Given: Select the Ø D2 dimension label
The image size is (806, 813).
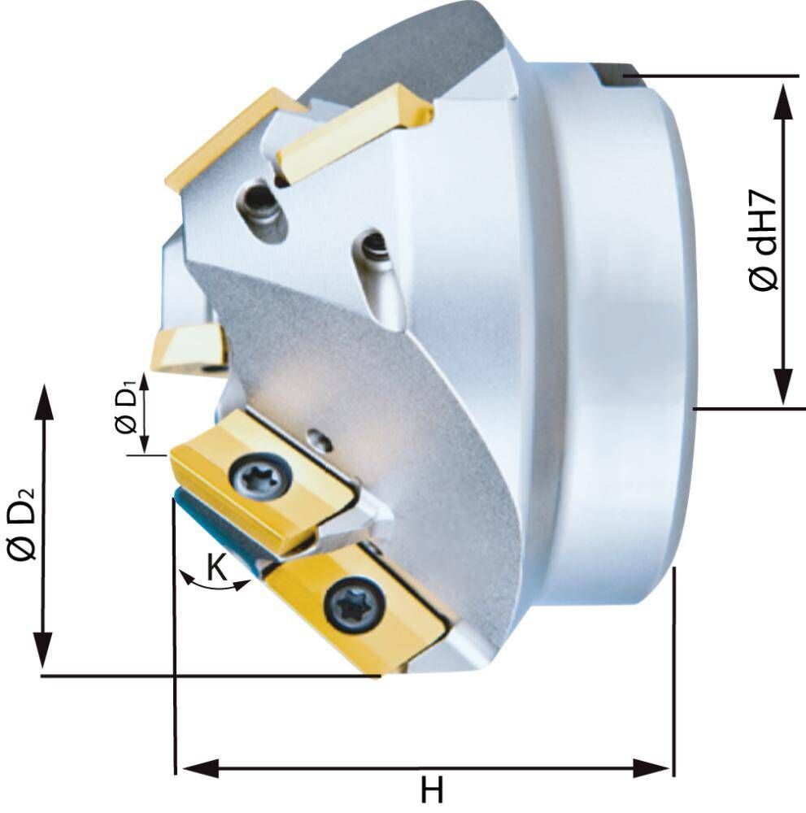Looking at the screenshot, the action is coord(22,524).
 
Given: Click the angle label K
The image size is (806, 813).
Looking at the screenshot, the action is coord(217,567).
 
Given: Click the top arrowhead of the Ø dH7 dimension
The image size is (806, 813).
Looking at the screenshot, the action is coord(784,102).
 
